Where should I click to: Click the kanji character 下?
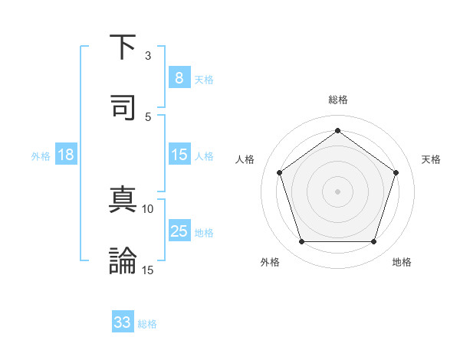(x=123, y=47)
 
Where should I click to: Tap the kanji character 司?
(x=123, y=106)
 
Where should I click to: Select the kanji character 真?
(x=123, y=201)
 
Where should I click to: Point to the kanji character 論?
(x=123, y=260)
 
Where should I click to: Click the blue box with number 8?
(x=179, y=77)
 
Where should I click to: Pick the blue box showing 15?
(x=179, y=155)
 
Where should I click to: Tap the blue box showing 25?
(x=179, y=231)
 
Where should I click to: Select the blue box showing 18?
(x=66, y=155)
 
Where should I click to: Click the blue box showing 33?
(x=123, y=322)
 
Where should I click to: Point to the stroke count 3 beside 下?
(x=148, y=56)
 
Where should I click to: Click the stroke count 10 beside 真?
(x=148, y=208)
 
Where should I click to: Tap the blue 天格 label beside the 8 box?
(x=204, y=79)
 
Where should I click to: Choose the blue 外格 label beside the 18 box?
(x=41, y=156)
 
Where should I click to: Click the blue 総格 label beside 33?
(x=147, y=324)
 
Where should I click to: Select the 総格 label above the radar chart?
(x=337, y=100)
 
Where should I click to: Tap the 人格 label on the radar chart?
(x=245, y=159)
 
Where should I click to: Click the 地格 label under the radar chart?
(x=402, y=262)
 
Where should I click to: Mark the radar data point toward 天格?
(x=396, y=172)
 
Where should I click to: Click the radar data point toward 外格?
(x=301, y=242)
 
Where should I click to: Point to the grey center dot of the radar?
(x=337, y=191)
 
